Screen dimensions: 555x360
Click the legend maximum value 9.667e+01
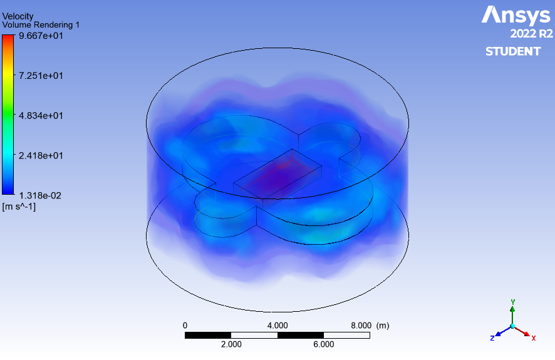(41, 36)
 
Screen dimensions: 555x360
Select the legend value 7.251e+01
(41, 76)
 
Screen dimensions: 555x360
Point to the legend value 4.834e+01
(41, 116)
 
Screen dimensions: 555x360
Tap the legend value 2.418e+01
(41, 156)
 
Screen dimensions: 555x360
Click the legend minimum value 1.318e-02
(40, 195)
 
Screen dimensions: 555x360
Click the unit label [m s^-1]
(19, 207)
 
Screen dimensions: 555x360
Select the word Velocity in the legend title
(18, 16)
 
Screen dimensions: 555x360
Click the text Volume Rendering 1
(41, 25)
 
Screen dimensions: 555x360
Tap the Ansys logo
(516, 15)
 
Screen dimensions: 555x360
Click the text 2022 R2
(531, 34)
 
